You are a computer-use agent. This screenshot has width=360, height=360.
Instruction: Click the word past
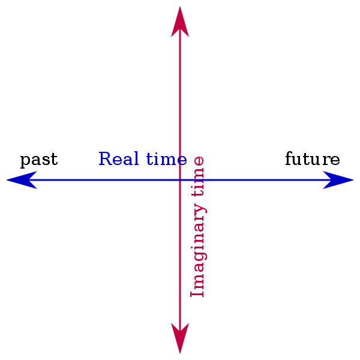point(39,160)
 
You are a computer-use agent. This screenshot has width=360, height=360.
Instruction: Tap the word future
point(312,160)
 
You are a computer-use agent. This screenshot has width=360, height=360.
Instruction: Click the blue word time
point(166,159)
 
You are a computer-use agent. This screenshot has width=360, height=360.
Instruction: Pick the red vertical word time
point(197,175)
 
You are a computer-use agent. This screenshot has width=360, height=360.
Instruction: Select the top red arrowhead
point(180,20)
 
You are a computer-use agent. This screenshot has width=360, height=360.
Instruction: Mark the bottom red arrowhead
point(180,340)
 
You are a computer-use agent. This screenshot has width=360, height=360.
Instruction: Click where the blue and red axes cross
point(180,180)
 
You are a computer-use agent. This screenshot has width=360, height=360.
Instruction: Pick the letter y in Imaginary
point(200,210)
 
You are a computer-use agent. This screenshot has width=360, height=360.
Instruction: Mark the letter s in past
point(46,160)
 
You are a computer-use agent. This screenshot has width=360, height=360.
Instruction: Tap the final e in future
point(335,160)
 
